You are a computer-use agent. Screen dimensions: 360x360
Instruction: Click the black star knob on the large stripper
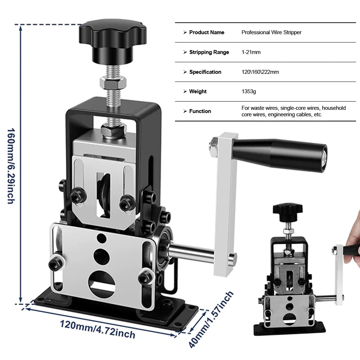(112, 40)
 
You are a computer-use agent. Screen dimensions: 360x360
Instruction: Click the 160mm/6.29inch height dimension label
(11, 166)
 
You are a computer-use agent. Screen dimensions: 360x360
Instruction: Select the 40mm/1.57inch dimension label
(211, 320)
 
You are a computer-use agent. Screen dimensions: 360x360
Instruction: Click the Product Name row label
(207, 32)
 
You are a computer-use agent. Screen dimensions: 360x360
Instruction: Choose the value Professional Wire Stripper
(271, 32)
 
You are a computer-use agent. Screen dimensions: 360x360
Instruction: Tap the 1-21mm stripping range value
(251, 52)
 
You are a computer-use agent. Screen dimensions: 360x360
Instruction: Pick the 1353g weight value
(249, 91)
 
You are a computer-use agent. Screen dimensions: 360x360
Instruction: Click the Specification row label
(205, 72)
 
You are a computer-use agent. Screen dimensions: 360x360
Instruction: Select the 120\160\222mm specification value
(260, 72)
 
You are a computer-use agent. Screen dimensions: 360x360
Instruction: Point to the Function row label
(200, 111)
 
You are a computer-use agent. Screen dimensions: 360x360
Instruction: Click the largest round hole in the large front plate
(102, 283)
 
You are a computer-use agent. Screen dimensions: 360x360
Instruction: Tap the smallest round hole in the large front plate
(102, 238)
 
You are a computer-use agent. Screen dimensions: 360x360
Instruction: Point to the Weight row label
(198, 91)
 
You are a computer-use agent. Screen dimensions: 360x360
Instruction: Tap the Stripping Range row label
(209, 52)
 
